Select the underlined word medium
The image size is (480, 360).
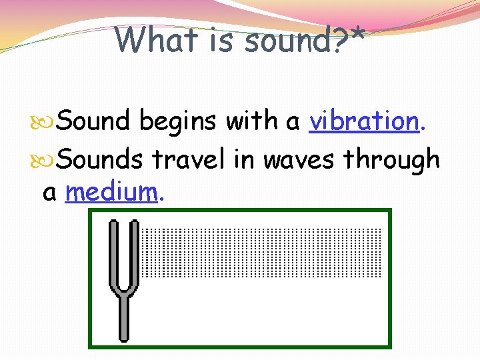[111, 192]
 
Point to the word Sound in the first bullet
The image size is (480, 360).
[93, 121]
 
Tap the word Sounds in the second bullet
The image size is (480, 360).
[99, 160]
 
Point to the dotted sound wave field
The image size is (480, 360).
[261, 253]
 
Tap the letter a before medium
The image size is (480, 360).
[49, 193]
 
